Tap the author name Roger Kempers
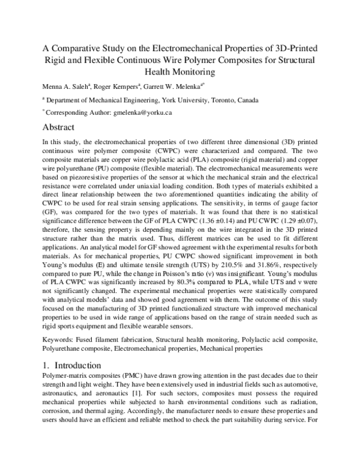point(118,86)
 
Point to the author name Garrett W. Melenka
point(179,86)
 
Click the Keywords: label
point(59,339)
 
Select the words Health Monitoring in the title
point(179,72)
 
